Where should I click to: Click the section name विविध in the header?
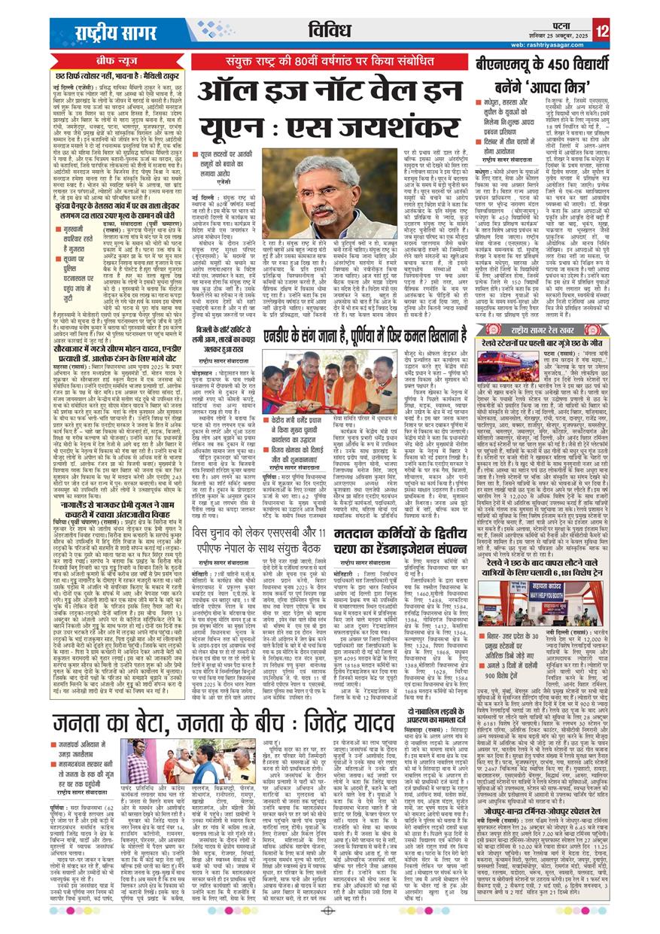point(330,31)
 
